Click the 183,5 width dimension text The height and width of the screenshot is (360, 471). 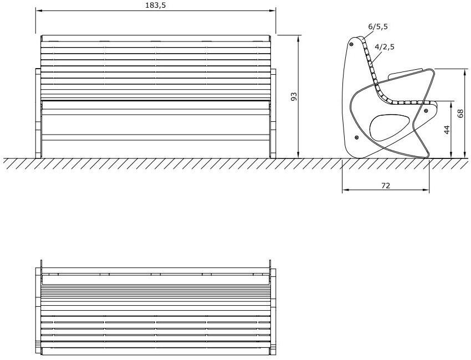[x=155, y=5]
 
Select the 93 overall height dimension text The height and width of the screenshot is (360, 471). [x=294, y=96]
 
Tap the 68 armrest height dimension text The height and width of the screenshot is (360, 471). [x=460, y=114]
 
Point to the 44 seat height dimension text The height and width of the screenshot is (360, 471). [x=447, y=130]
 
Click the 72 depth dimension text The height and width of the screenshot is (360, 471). [x=386, y=186]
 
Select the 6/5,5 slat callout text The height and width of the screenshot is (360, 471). [x=377, y=26]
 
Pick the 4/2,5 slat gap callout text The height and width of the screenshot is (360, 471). [x=385, y=47]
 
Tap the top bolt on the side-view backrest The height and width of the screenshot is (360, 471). [x=353, y=43]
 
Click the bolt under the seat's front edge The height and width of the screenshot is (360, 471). [x=426, y=111]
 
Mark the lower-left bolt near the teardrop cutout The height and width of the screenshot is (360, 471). [x=357, y=137]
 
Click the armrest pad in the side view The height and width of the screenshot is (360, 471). [x=407, y=73]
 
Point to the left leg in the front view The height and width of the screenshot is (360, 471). [x=38, y=114]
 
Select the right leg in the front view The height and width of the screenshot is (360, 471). [x=273, y=114]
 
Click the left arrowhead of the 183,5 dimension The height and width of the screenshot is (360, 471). [x=38, y=11]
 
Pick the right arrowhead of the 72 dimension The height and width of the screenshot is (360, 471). [x=427, y=191]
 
